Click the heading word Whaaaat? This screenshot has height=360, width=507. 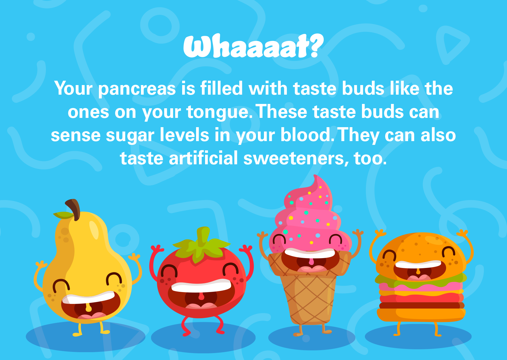tap(253, 46)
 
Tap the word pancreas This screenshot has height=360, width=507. tap(137, 89)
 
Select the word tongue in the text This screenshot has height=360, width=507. tap(218, 112)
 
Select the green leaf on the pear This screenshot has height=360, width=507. tap(63, 215)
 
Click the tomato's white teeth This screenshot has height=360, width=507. tap(201, 286)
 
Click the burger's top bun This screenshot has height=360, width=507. tap(421, 247)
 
